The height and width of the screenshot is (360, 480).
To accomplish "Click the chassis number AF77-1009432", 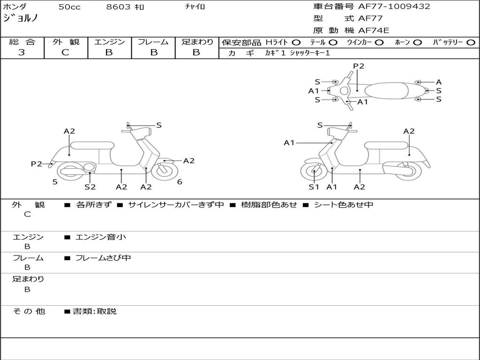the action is pos(394,6).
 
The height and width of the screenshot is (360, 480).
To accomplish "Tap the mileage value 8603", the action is pos(118,7).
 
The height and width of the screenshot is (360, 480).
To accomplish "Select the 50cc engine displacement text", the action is pos(69,7).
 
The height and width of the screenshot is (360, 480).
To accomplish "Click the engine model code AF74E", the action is pos(374,30).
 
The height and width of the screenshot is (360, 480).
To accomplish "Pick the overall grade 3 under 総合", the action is pos(22,52).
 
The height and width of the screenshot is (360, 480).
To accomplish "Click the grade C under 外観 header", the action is pos(65,52).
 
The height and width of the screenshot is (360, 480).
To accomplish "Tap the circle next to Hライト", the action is pos(296,43).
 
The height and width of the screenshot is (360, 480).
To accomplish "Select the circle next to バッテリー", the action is pos(471,43).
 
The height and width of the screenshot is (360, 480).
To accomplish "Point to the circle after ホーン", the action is pos(417,43).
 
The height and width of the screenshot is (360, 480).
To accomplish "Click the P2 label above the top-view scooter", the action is pos(359,66).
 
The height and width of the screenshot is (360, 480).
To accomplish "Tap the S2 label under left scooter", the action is pos(90,187).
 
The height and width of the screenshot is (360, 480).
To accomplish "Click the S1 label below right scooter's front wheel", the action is pos(314,187).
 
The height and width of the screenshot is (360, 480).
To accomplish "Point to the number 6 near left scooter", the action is pos(180,182).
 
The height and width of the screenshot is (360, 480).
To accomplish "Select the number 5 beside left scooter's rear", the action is pos(55,182).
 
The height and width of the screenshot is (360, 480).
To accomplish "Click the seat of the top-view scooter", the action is pos(386,90).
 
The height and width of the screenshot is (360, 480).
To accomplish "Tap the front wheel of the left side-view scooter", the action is pos(165,171).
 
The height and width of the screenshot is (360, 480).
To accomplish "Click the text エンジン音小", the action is pos(100,237).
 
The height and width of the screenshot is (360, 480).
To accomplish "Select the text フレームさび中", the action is pos(103,258).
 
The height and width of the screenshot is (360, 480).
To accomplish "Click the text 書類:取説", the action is pos(95,311).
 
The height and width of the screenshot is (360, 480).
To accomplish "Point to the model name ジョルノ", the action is pos(21,18).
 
